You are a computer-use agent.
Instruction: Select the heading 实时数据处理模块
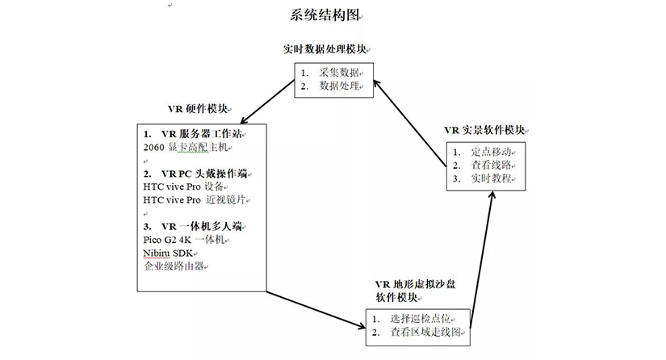tap(329, 48)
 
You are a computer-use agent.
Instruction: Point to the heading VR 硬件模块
tap(197, 109)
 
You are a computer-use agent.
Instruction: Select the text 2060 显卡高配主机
tap(184, 147)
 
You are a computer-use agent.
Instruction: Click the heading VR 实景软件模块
tap(484, 129)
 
